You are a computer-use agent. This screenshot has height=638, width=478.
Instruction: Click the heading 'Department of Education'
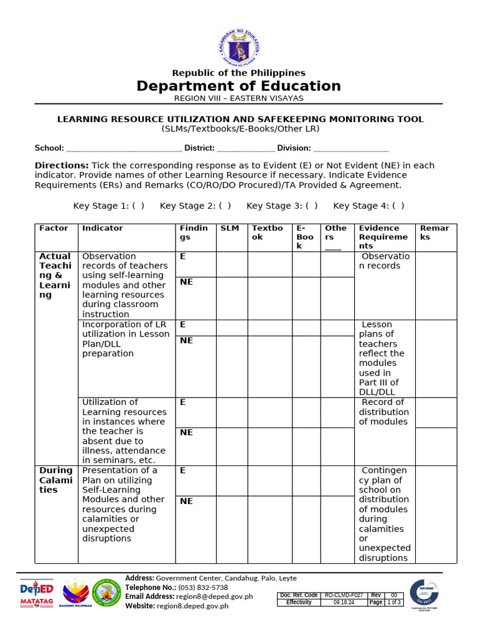[239, 86]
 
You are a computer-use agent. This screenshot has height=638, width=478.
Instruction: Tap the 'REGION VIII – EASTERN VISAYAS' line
[239, 98]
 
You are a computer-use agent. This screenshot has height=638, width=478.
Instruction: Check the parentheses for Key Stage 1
[138, 206]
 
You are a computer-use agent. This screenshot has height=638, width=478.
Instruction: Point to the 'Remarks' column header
[434, 232]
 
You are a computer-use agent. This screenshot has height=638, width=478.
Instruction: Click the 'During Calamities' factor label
[56, 480]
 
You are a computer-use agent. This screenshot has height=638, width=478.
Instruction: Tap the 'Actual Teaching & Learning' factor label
[55, 275]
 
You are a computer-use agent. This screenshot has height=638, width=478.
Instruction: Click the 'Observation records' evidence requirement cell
[384, 261]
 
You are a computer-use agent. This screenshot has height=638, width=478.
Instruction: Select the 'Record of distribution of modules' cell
[384, 412]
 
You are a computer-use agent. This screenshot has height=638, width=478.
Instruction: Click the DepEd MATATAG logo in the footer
[37, 594]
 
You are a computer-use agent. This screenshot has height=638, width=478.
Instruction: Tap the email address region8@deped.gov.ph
[215, 596]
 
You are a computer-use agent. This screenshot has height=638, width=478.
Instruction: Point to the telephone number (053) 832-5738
[203, 588]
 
